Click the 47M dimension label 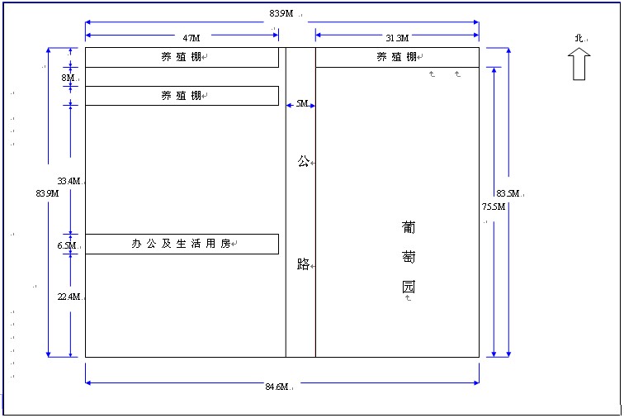(x=191, y=38)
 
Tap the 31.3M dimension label (x=396, y=38)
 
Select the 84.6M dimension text (x=277, y=387)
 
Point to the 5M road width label (x=301, y=104)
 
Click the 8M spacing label (x=68, y=78)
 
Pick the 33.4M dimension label (x=69, y=181)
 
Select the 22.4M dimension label (x=69, y=297)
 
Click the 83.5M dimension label (x=507, y=194)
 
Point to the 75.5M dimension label (x=494, y=207)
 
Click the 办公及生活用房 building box (x=182, y=244)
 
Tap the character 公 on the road (x=303, y=162)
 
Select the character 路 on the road (x=303, y=265)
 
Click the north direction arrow (x=579, y=64)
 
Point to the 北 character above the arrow (x=579, y=39)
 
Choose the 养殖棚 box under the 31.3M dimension (x=397, y=57)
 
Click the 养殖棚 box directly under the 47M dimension (x=182, y=57)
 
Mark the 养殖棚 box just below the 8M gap (x=182, y=96)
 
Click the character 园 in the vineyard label (x=408, y=287)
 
